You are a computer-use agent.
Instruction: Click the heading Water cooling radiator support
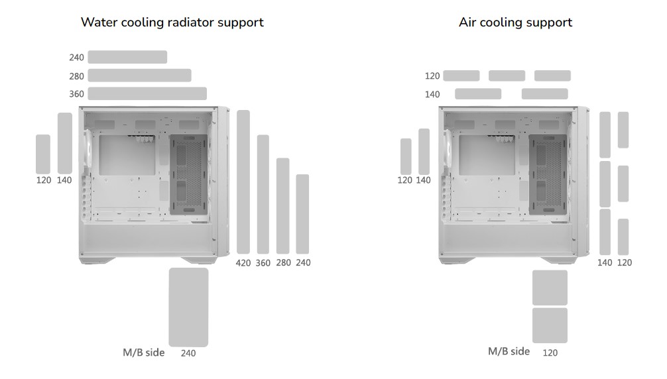coord(172,22)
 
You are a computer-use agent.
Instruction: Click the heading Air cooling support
coord(515,22)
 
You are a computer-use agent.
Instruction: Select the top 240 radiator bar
coord(127,57)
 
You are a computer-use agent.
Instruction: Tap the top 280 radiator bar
coord(139,76)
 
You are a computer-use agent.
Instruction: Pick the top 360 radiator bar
coord(147,93)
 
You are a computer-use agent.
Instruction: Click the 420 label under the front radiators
coord(243,263)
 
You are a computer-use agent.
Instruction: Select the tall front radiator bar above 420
coord(243,182)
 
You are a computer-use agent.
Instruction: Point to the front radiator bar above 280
coord(283,205)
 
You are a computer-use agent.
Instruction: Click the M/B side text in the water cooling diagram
coord(143,352)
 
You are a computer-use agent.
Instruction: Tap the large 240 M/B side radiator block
coord(188,307)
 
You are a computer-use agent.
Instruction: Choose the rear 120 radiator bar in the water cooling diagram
coord(43,154)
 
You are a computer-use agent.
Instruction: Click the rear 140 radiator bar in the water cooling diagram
coord(65,143)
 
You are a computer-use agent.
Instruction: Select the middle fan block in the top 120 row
coord(507,76)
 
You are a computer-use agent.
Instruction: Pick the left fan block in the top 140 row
coord(478,94)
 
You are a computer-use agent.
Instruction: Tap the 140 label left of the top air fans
coord(432,95)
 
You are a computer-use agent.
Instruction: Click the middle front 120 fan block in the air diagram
coord(623,184)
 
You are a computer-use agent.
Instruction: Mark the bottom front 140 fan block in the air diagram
coord(605,232)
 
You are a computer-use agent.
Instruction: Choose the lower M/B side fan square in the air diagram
coord(550,325)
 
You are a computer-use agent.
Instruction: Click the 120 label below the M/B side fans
coord(550,353)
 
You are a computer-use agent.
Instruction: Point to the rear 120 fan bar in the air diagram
coord(406,157)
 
